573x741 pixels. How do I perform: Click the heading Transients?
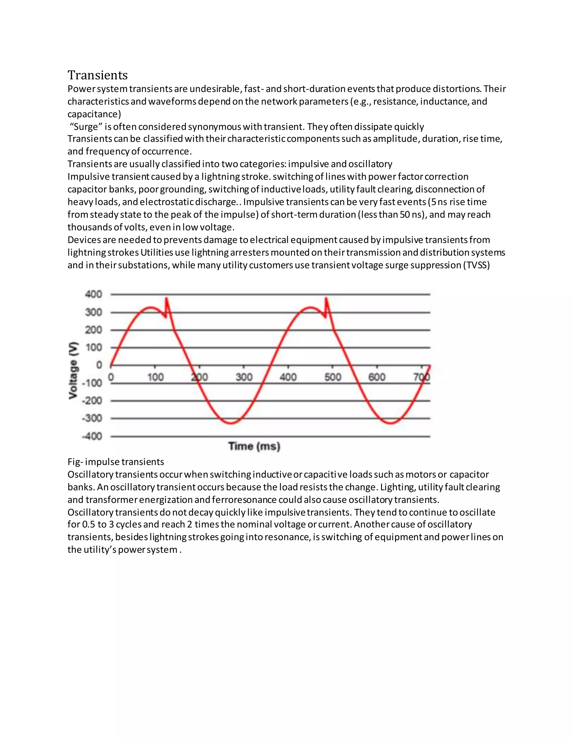point(97,75)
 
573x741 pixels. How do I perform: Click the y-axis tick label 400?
point(93,294)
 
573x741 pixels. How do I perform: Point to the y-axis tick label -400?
point(92,436)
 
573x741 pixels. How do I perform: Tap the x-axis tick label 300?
point(244,377)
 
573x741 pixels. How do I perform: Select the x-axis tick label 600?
point(377,377)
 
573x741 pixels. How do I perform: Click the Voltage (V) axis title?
point(73,370)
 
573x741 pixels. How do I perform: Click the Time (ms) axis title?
point(254,446)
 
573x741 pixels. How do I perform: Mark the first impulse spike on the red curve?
point(166,299)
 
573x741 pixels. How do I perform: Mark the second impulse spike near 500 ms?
point(326,299)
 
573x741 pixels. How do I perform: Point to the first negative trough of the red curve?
point(231,423)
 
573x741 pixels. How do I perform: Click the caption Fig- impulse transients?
point(116,462)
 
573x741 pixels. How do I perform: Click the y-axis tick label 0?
point(99,365)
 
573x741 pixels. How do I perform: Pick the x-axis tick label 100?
point(155,377)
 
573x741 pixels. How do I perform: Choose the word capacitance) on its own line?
point(94,114)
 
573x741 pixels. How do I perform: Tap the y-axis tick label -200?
point(92,401)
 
